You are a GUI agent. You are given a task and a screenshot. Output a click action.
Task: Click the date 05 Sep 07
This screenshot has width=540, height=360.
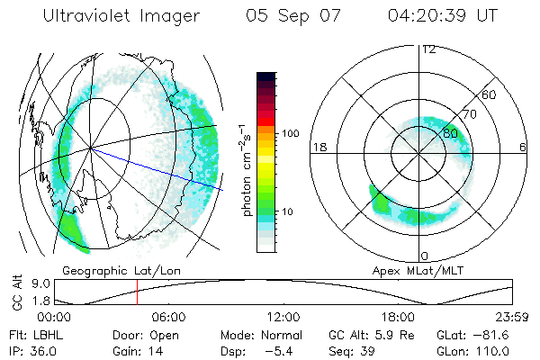point(295,16)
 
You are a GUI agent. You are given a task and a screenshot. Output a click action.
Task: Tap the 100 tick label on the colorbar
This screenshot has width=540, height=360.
point(290,133)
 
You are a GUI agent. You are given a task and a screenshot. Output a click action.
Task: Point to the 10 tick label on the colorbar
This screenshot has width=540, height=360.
point(287,211)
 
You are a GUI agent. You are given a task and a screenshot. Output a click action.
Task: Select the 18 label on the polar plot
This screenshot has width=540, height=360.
point(318,147)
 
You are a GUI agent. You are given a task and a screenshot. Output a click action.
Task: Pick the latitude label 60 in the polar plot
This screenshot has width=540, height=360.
point(490,94)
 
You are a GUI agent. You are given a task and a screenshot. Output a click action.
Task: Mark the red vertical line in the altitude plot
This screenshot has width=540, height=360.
point(137,292)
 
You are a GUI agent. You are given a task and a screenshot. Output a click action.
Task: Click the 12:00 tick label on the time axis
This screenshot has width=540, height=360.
point(284,317)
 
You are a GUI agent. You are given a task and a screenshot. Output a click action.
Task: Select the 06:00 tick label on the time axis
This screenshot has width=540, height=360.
point(169,317)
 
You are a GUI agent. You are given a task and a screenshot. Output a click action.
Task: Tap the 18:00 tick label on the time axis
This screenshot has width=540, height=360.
point(399,317)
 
